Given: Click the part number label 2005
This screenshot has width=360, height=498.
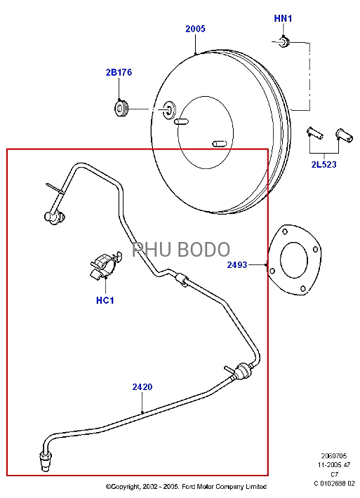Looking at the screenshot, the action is pyautogui.click(x=195, y=29).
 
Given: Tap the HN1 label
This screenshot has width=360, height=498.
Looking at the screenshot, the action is pyautogui.click(x=283, y=18).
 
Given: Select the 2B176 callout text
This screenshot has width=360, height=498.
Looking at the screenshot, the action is pyautogui.click(x=119, y=72).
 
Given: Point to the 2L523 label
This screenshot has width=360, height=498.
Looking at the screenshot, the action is pyautogui.click(x=324, y=165).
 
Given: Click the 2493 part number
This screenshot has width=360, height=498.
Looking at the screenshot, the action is pyautogui.click(x=237, y=264).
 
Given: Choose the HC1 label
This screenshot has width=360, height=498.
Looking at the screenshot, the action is pyautogui.click(x=105, y=300).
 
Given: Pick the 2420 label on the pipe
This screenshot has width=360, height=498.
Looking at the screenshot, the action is pyautogui.click(x=142, y=387).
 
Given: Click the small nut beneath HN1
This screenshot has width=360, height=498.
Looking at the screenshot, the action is pyautogui.click(x=284, y=41).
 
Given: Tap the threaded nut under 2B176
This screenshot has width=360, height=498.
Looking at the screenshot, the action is pyautogui.click(x=121, y=109).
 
